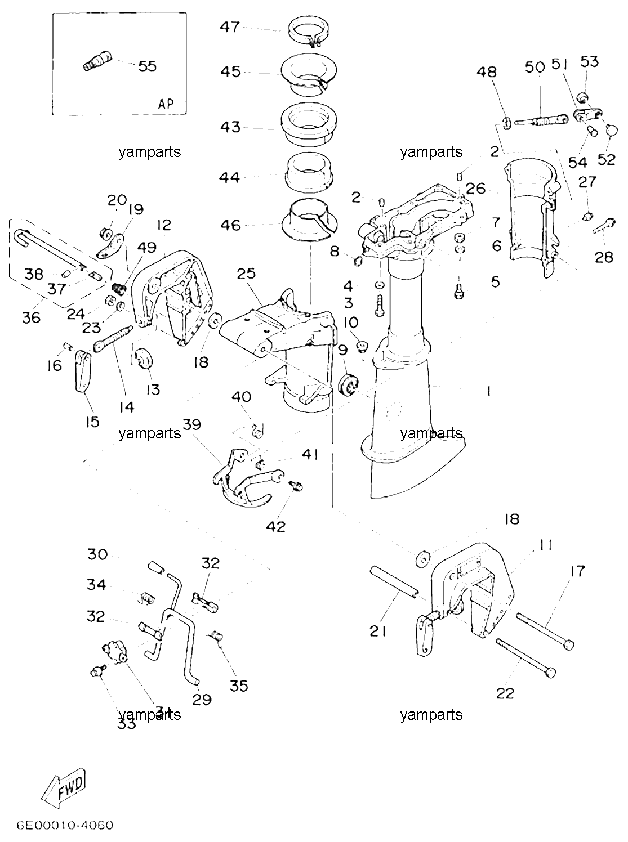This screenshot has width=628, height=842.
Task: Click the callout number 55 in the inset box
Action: click(148, 66)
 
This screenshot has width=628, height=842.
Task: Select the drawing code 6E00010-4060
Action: click(65, 825)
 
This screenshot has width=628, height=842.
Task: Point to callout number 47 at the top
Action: click(230, 27)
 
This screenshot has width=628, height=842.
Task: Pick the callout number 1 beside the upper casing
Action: click(488, 391)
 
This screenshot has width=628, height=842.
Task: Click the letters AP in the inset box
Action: click(166, 104)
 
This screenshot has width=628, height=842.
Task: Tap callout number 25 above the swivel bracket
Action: click(246, 274)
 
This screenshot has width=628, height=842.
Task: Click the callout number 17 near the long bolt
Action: click(577, 571)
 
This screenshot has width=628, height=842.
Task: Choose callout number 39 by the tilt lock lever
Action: click(192, 424)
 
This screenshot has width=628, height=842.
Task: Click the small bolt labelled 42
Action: click(297, 486)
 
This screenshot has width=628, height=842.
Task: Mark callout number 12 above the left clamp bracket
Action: click(164, 225)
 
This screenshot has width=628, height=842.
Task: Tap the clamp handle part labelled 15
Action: click(83, 371)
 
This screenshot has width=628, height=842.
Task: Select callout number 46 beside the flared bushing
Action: click(230, 225)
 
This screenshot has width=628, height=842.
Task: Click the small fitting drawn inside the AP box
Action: click(97, 62)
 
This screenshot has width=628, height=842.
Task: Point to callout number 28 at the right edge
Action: click(604, 257)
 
